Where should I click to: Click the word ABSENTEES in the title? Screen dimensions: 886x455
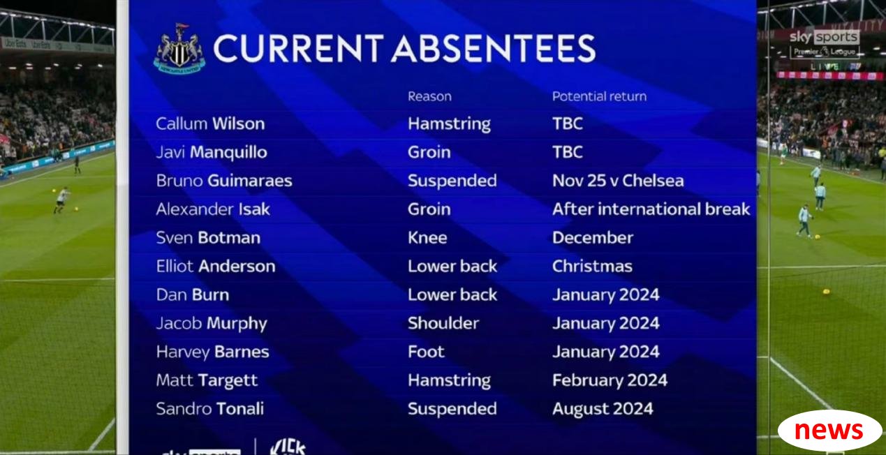coord(493,48)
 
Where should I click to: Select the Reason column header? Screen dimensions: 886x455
coord(429,96)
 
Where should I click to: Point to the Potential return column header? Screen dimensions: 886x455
coord(599,96)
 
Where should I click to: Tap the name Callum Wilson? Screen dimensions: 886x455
coord(210,124)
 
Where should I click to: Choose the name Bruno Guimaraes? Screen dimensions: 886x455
coord(224,181)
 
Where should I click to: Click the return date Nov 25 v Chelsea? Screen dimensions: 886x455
coord(618,181)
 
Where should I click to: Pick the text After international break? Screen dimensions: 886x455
coord(651,209)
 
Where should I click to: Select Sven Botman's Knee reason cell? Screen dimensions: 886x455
coord(427,237)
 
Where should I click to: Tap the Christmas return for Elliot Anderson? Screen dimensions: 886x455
coord(592,266)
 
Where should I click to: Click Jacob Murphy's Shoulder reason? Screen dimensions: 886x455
coord(443,323)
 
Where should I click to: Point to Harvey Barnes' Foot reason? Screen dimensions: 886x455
coord(426,352)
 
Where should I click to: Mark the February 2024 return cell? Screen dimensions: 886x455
coord(610,380)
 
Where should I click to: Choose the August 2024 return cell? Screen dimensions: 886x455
coord(603,409)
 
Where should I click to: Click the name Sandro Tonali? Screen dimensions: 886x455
coord(209,409)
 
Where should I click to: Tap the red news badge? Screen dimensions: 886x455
coord(829,431)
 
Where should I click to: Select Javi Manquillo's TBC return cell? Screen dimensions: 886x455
coord(567,152)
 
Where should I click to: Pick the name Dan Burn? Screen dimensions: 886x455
coord(192,294)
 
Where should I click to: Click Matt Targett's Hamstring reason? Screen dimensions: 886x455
coord(450,380)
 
